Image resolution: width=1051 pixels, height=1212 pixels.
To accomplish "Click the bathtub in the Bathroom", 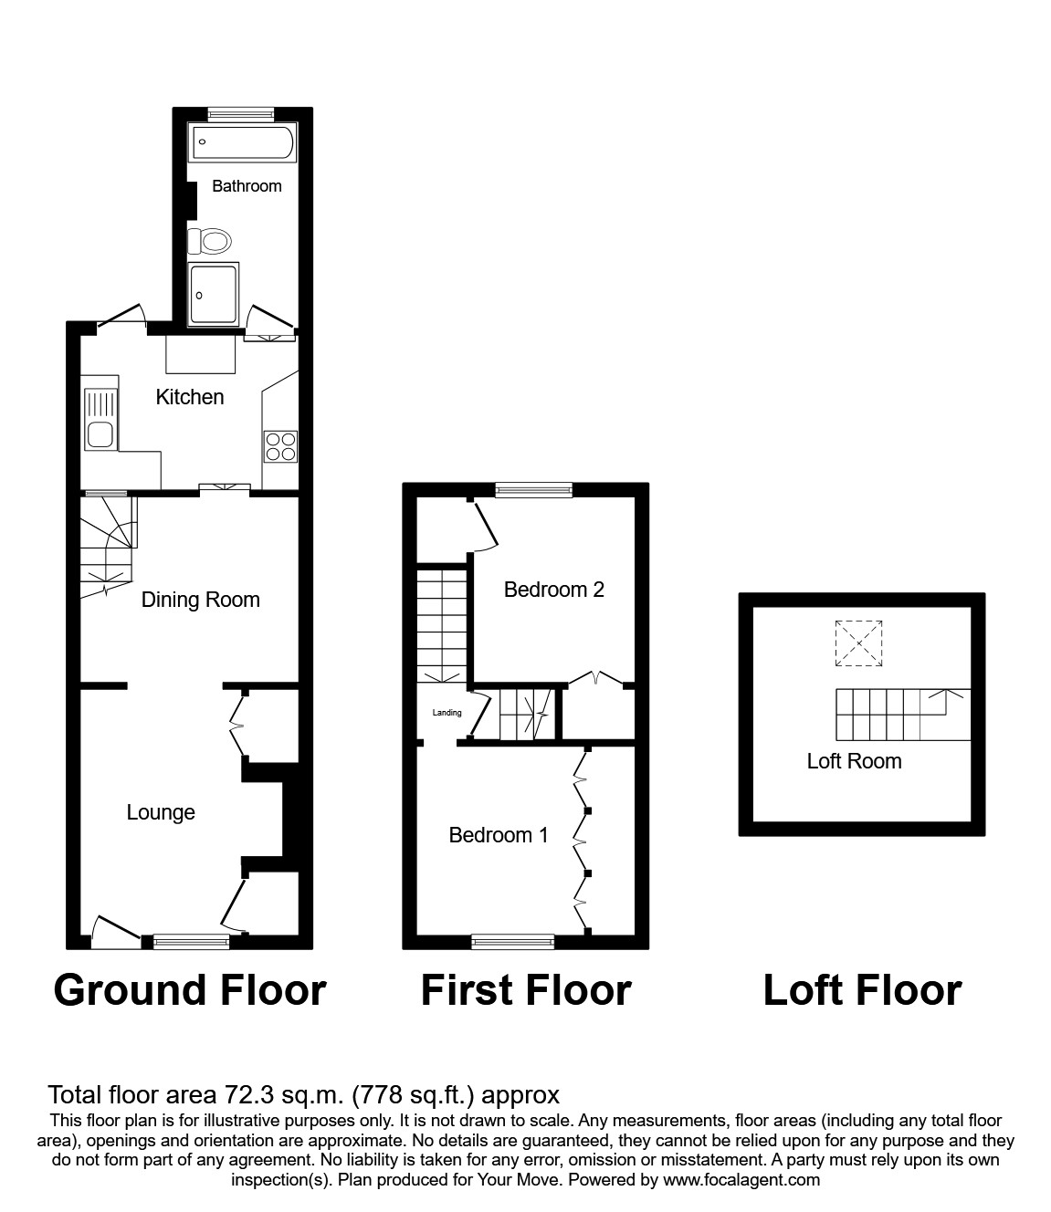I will [242, 142].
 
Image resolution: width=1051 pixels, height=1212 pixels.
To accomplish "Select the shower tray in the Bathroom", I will [214, 294].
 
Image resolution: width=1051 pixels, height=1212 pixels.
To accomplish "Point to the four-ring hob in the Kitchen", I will [280, 444].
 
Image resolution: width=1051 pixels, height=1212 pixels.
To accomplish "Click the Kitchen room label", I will [190, 397].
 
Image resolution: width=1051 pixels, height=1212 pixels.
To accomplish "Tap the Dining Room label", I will [200, 600].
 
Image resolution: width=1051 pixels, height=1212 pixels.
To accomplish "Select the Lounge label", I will [161, 812].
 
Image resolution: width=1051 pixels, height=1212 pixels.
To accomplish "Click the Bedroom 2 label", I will [553, 590].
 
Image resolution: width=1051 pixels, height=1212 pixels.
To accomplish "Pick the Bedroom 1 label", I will [499, 835].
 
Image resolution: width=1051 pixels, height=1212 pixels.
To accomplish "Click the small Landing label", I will [447, 713].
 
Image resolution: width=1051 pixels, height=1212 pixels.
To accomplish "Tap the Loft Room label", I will [854, 761].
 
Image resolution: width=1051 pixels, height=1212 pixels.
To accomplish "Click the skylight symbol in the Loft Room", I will [859, 643].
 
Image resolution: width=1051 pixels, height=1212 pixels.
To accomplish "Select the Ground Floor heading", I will [190, 990].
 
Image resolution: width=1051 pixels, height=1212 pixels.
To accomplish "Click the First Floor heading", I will [526, 990].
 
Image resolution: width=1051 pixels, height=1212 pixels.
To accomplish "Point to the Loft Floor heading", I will [862, 990].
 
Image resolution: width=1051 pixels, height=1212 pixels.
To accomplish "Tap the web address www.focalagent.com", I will [741, 1180].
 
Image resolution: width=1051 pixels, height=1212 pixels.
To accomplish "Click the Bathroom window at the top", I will [241, 114].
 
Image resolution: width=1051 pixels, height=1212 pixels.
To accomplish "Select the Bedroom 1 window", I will [513, 941].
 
